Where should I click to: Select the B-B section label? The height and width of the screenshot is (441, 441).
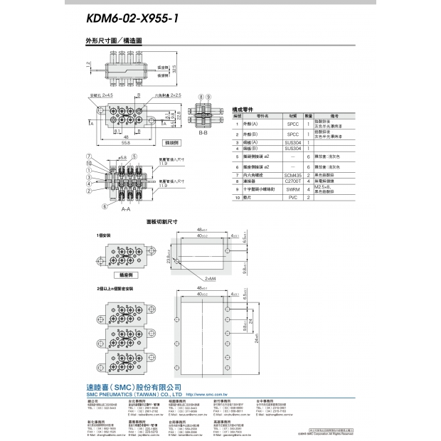pyautogui.click(x=203, y=132)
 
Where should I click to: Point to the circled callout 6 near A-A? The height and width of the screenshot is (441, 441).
pyautogui.click(x=105, y=206)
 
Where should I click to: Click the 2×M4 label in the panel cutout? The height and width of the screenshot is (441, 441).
pyautogui.click(x=211, y=279)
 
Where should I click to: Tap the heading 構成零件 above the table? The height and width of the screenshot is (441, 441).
pyautogui.click(x=244, y=110)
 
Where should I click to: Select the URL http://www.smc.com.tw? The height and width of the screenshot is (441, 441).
pyautogui.click(x=208, y=393)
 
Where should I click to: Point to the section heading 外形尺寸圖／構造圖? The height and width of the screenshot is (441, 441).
pyautogui.click(x=114, y=42)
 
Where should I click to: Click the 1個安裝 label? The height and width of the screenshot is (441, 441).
pyautogui.click(x=106, y=234)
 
